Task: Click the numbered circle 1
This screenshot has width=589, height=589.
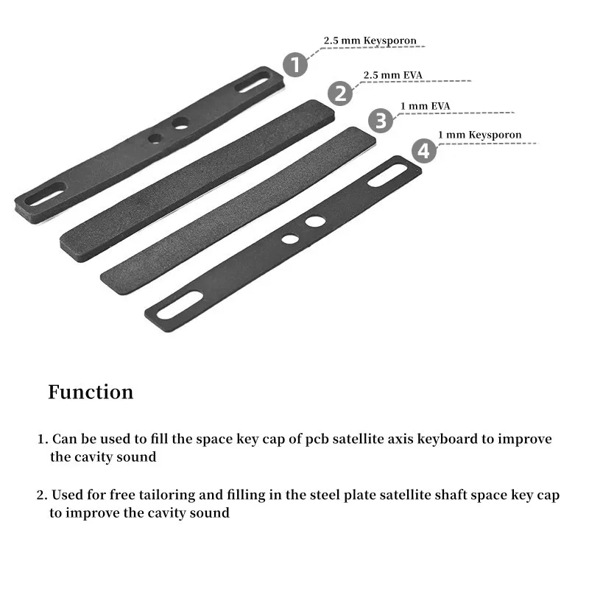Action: tap(295, 64)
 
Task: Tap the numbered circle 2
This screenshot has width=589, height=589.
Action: tap(340, 93)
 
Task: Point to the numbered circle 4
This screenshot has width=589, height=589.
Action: tap(423, 151)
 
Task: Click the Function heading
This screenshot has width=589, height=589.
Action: tap(91, 392)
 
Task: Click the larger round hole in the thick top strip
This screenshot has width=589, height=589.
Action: tap(180, 124)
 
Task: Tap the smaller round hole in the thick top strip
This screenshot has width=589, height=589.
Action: tap(154, 138)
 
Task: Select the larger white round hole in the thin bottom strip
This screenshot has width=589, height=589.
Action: tap(315, 221)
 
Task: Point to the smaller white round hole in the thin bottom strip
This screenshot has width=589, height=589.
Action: tap(290, 239)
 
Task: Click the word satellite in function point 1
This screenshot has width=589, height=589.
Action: tap(354, 439)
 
